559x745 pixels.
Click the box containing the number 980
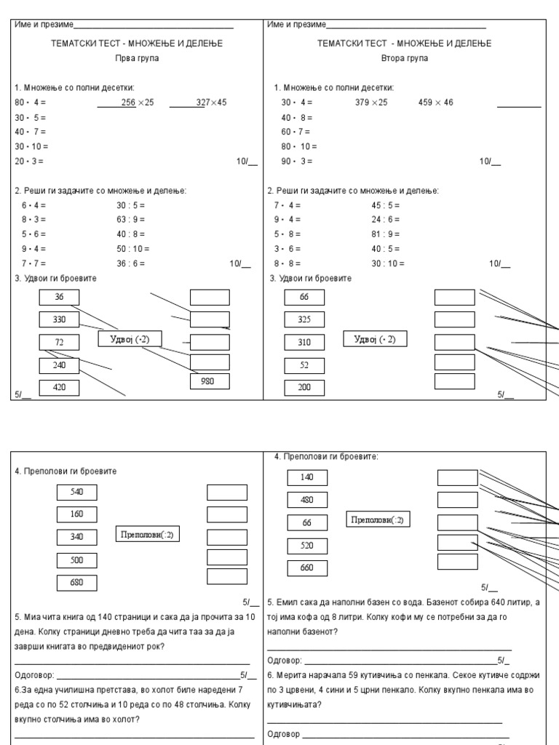click(x=210, y=381)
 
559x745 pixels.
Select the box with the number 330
click(x=59, y=319)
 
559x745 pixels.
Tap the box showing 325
click(x=304, y=319)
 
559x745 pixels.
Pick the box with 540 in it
click(x=77, y=492)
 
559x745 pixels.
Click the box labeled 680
click(x=77, y=583)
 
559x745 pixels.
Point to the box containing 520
click(x=307, y=545)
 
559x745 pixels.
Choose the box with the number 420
click(x=59, y=387)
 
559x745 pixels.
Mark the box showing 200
click(x=304, y=387)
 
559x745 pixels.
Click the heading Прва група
click(x=137, y=58)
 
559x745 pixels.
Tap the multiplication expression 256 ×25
click(x=138, y=103)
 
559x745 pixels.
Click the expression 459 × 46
click(x=435, y=103)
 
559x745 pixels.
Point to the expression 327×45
click(x=211, y=103)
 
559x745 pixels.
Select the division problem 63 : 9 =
click(x=130, y=219)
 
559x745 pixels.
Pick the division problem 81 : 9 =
click(x=385, y=234)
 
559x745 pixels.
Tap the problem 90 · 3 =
click(x=296, y=161)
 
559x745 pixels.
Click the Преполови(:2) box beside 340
click(x=148, y=535)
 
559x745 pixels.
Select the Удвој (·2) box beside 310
click(x=375, y=339)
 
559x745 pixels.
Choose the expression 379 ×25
click(x=371, y=103)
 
